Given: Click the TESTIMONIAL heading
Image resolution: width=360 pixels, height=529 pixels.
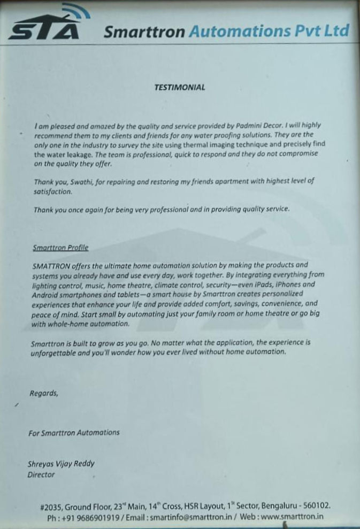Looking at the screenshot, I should pyautogui.click(x=180, y=87).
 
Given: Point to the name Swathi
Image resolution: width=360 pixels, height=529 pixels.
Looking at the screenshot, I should pyautogui.click(x=80, y=182).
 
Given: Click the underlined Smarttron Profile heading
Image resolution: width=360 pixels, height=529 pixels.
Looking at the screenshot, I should pyautogui.click(x=60, y=248).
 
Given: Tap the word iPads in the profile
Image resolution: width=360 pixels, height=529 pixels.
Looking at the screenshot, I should pyautogui.click(x=261, y=285).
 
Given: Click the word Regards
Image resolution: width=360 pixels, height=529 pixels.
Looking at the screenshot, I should pyautogui.click(x=44, y=393).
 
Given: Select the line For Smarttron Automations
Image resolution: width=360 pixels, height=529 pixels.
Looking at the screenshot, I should pyautogui.click(x=74, y=432).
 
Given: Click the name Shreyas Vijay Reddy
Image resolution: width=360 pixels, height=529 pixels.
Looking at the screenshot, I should pyautogui.click(x=61, y=464).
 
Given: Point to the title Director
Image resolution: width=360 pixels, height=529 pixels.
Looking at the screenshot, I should pyautogui.click(x=41, y=474).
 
